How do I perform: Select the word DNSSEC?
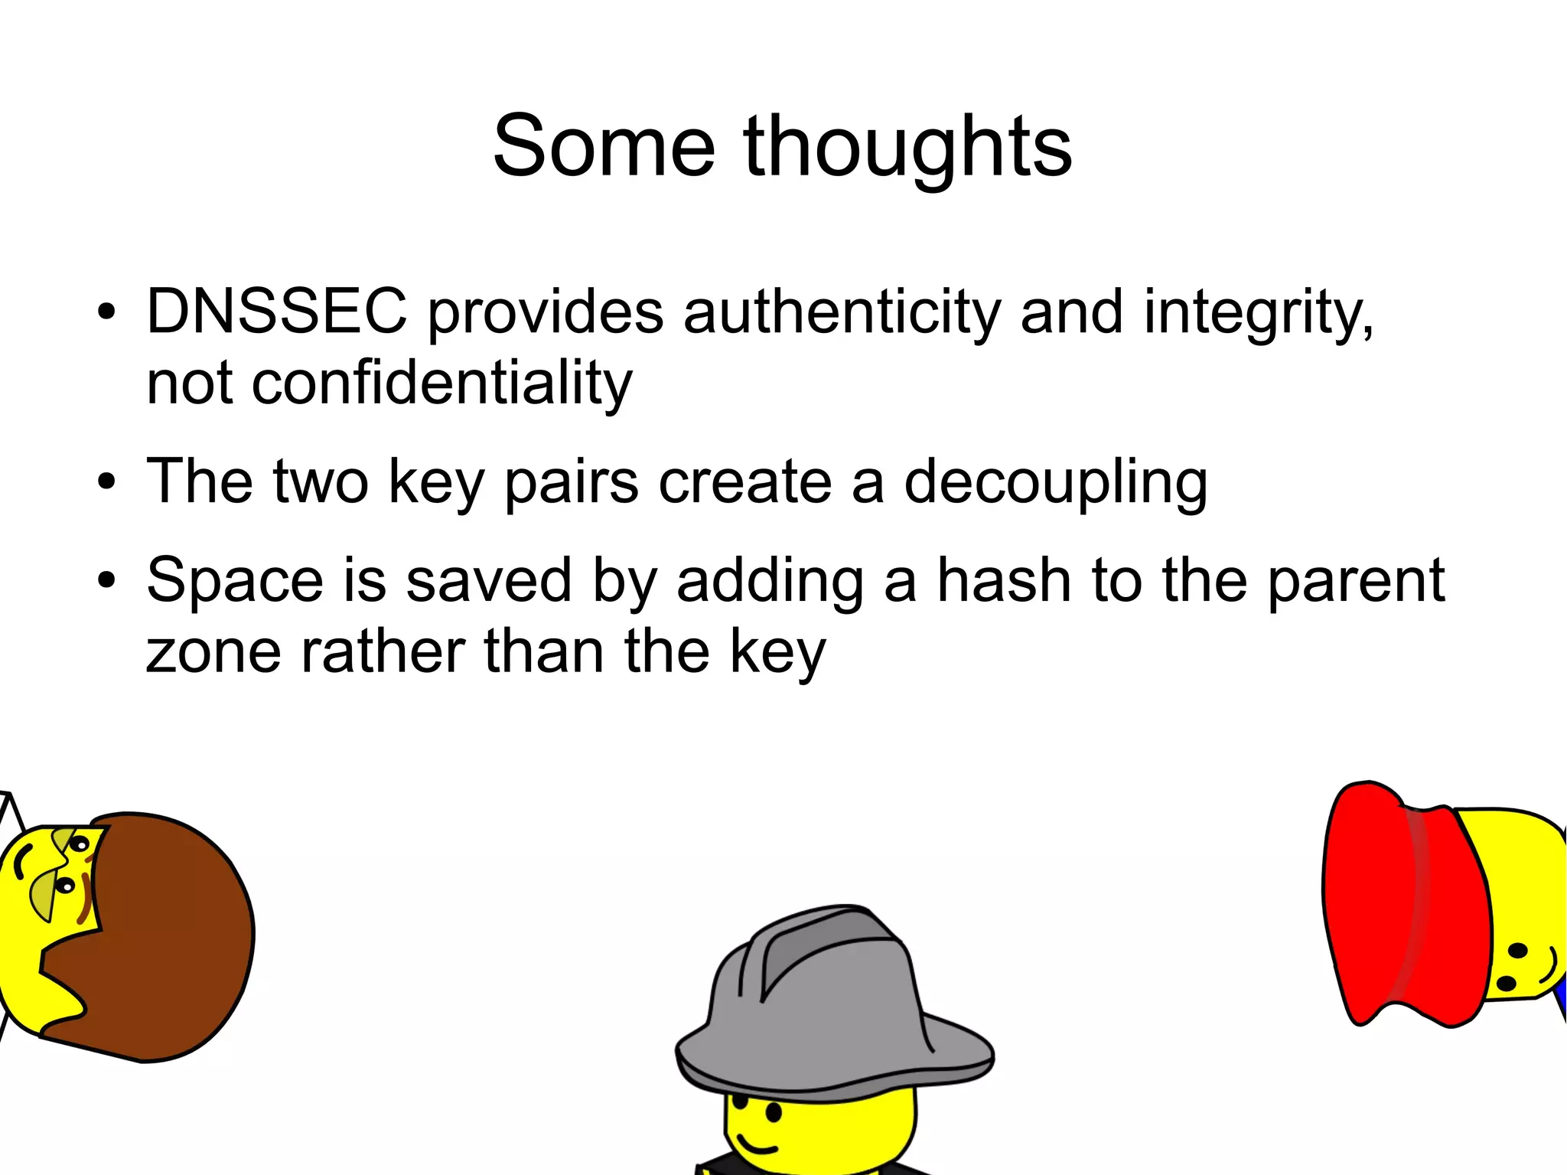click(x=276, y=312)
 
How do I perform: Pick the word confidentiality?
click(x=442, y=383)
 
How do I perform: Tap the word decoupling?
click(x=1056, y=482)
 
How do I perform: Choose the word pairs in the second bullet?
click(x=572, y=482)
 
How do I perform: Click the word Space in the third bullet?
click(x=235, y=581)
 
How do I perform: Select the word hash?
click(x=1005, y=579)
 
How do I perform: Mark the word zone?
click(x=213, y=651)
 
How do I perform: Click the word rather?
click(x=383, y=651)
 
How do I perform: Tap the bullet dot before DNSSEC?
click(x=107, y=313)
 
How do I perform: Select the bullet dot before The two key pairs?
click(x=107, y=482)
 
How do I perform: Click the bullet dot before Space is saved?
click(x=107, y=581)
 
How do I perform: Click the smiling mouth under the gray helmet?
click(x=757, y=1146)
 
